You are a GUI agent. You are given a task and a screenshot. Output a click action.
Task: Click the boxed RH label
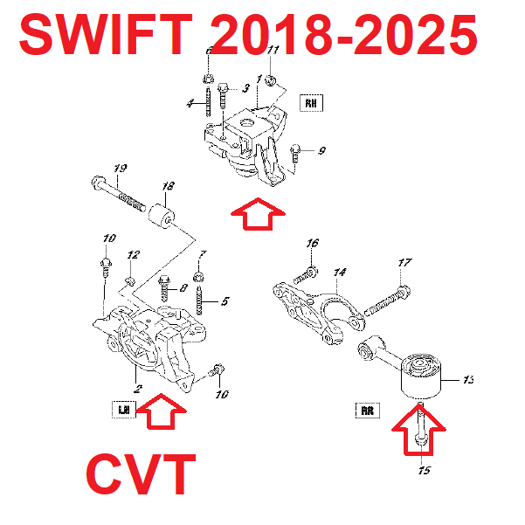pyautogui.click(x=311, y=103)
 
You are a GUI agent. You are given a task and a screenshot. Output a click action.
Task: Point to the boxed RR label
pyautogui.click(x=367, y=409)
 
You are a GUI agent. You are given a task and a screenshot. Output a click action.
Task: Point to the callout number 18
pyautogui.click(x=168, y=185)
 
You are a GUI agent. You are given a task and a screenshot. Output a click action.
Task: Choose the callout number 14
pyautogui.click(x=340, y=272)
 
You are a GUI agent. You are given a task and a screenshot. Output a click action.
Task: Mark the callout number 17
pyautogui.click(x=404, y=262)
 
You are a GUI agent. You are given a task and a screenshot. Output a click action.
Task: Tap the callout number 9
pyautogui.click(x=321, y=151)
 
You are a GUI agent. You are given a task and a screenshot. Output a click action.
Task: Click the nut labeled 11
pyautogui.click(x=271, y=82)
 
